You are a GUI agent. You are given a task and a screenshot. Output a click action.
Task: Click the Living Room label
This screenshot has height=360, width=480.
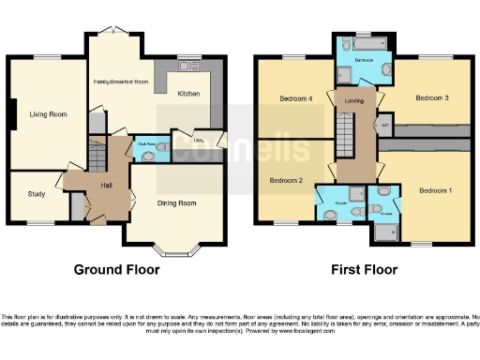(47, 114)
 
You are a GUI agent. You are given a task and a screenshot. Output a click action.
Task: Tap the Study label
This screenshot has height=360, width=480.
(36, 195)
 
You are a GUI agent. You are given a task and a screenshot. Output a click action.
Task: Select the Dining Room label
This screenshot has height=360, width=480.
(175, 203)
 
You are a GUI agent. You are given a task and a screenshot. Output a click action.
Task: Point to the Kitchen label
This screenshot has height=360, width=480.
(188, 94)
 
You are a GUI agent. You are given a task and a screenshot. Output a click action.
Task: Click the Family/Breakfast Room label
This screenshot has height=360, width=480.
(121, 82)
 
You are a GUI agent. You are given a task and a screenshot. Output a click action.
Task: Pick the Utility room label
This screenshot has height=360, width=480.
(199, 142)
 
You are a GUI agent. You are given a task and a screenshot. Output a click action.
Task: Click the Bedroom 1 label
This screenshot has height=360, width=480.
(434, 191)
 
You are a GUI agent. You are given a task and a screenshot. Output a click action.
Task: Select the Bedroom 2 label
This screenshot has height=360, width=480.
(284, 180)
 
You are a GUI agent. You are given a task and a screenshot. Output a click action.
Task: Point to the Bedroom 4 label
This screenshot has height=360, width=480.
(294, 98)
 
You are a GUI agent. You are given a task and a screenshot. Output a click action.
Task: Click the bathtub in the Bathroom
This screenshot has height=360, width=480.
(360, 43)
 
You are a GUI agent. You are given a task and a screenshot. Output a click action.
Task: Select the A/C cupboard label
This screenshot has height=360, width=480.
(385, 125)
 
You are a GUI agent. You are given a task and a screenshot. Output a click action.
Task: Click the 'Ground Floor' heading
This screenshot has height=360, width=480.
(116, 270)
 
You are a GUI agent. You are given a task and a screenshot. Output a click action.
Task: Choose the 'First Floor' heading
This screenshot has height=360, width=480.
(364, 270)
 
